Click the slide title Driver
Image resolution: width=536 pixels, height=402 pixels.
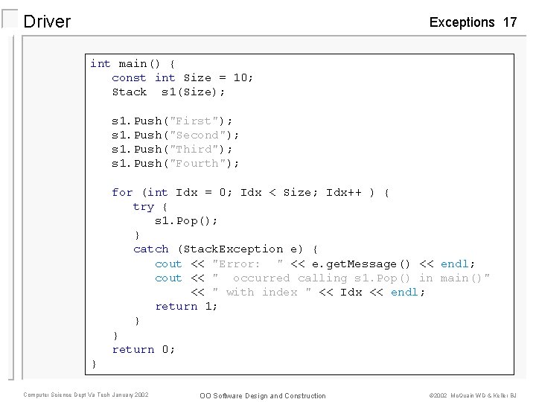coord(47,22)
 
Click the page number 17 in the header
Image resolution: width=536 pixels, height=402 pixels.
coord(510,22)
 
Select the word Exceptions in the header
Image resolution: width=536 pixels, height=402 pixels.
coord(462,22)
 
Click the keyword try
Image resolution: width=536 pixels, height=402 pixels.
coord(144,206)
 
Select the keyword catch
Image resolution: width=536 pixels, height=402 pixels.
coord(151,249)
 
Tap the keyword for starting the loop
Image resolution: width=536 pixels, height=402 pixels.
coord(122,192)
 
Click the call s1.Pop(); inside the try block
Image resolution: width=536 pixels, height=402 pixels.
coord(186,220)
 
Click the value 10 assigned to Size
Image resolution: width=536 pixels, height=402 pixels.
coord(240,77)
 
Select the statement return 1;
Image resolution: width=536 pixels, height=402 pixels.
coord(186,306)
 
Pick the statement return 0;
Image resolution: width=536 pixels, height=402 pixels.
coord(144,349)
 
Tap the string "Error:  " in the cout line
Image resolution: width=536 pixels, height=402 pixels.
coord(248,264)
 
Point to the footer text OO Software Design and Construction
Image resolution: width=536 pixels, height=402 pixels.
coord(262,395)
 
